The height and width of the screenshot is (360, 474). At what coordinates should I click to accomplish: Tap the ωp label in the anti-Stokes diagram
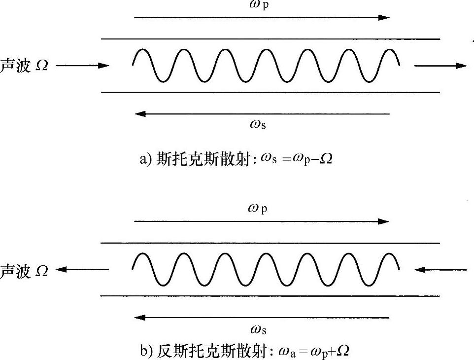(258, 209)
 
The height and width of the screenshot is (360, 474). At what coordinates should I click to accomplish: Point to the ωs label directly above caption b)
(258, 329)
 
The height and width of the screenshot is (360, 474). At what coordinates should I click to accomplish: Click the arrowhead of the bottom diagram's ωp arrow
(383, 221)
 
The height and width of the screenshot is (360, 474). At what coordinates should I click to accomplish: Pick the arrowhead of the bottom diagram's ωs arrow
(140, 317)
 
